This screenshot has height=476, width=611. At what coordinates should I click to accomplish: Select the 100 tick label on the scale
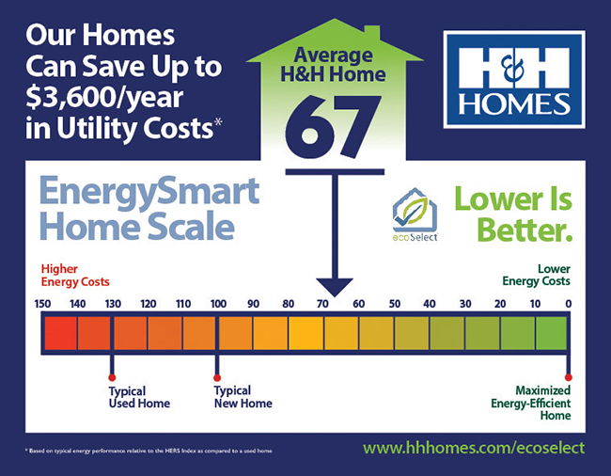point(217,304)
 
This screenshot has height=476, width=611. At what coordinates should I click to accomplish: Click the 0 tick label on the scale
point(567,304)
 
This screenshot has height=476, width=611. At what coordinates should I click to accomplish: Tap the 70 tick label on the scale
point(323,304)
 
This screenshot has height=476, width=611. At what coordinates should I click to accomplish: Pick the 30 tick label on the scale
point(464,304)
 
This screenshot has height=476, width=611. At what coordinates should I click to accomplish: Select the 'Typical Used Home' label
point(139,397)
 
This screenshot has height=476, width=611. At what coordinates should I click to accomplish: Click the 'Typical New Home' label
point(243,397)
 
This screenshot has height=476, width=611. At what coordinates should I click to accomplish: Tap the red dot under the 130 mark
point(112,376)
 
